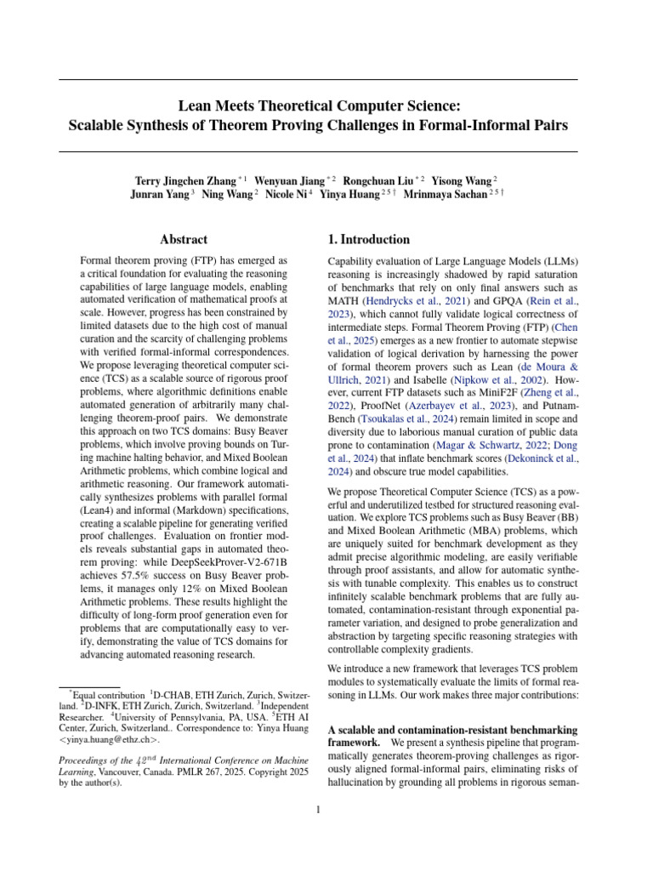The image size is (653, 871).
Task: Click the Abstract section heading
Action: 184,240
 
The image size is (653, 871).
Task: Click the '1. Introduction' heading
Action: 369,240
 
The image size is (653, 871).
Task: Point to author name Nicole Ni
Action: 287,194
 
